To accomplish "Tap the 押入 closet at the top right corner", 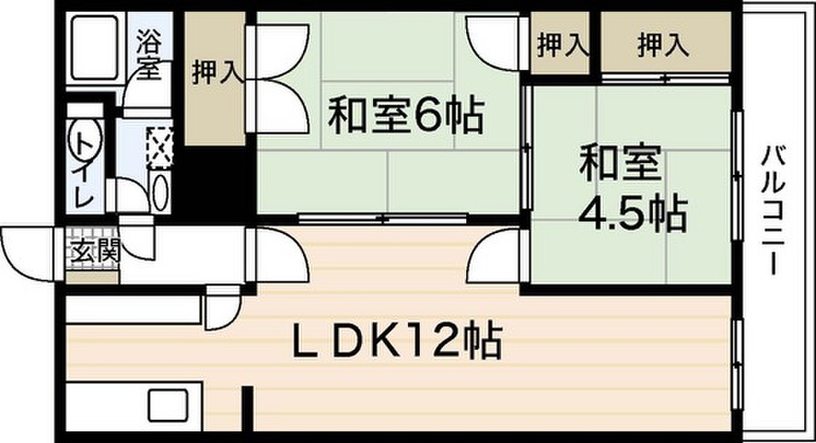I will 663,45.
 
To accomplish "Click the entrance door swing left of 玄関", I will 28,252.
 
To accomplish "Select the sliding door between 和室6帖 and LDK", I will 382,218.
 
